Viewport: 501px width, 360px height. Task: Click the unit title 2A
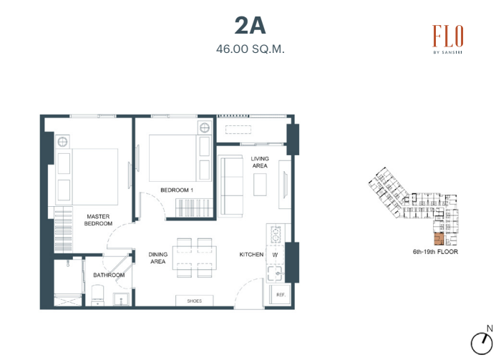click(x=250, y=26)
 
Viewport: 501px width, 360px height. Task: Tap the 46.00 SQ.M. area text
click(x=250, y=49)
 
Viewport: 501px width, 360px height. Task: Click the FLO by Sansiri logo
click(x=447, y=39)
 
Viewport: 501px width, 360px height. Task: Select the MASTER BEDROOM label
click(x=98, y=220)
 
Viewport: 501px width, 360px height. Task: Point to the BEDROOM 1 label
click(x=177, y=190)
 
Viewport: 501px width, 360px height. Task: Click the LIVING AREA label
click(x=260, y=162)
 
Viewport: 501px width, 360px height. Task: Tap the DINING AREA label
click(x=158, y=258)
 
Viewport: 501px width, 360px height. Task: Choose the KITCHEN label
click(x=251, y=255)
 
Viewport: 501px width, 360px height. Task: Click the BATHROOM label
click(x=109, y=275)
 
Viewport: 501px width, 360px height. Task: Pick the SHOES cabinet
click(x=194, y=301)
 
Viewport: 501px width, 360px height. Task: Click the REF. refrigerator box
click(x=281, y=295)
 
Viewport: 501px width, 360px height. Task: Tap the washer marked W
click(x=275, y=255)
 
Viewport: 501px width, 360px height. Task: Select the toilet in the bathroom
click(x=98, y=295)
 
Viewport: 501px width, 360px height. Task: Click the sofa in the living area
click(x=230, y=187)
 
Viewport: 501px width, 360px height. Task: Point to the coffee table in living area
click(x=260, y=185)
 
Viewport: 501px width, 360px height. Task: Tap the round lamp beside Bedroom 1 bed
click(x=205, y=128)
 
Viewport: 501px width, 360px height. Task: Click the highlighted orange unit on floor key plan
click(x=439, y=239)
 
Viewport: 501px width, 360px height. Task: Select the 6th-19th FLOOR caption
click(x=435, y=252)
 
